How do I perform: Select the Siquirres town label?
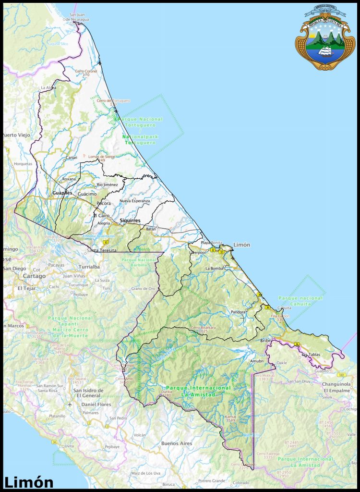point(130,221)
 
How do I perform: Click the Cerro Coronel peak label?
point(86,72)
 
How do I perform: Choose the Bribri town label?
point(266,340)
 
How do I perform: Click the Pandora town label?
point(238,312)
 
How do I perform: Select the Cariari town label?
point(72,158)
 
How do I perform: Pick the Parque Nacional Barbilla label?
point(139,262)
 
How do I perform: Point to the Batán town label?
point(151,229)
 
